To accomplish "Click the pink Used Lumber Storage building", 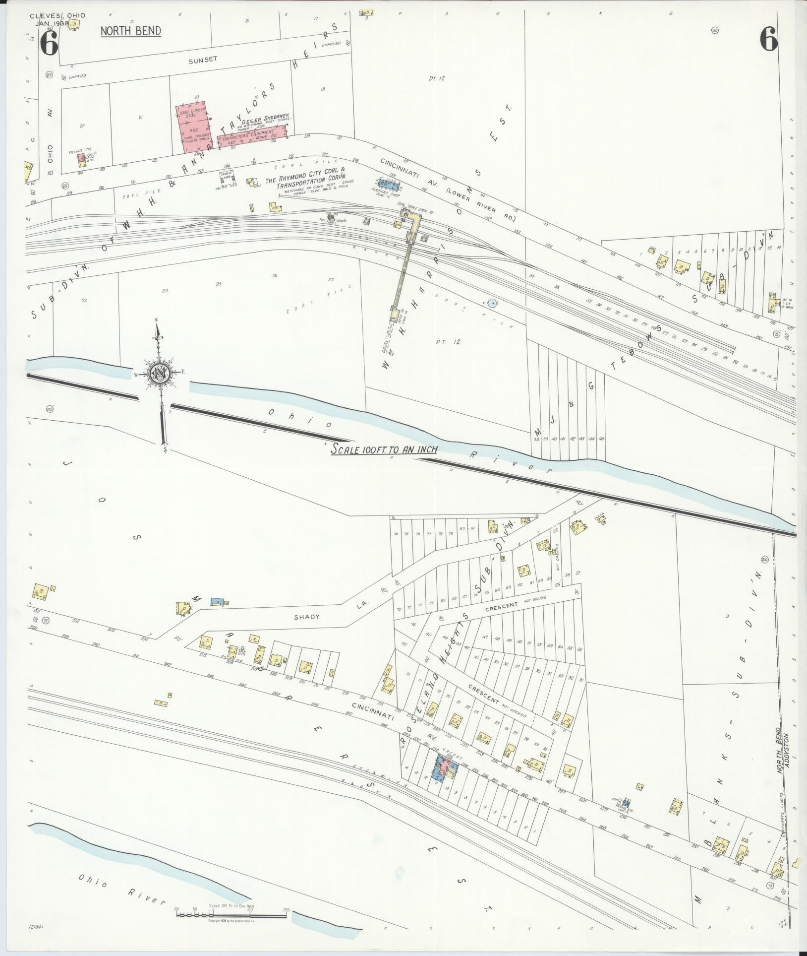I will pyautogui.click(x=194, y=128).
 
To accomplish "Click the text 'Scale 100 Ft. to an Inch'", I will pyautogui.click(x=384, y=449).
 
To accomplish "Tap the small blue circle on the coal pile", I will pyautogui.click(x=492, y=303).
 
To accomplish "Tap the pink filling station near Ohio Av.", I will pyautogui.click(x=81, y=158).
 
